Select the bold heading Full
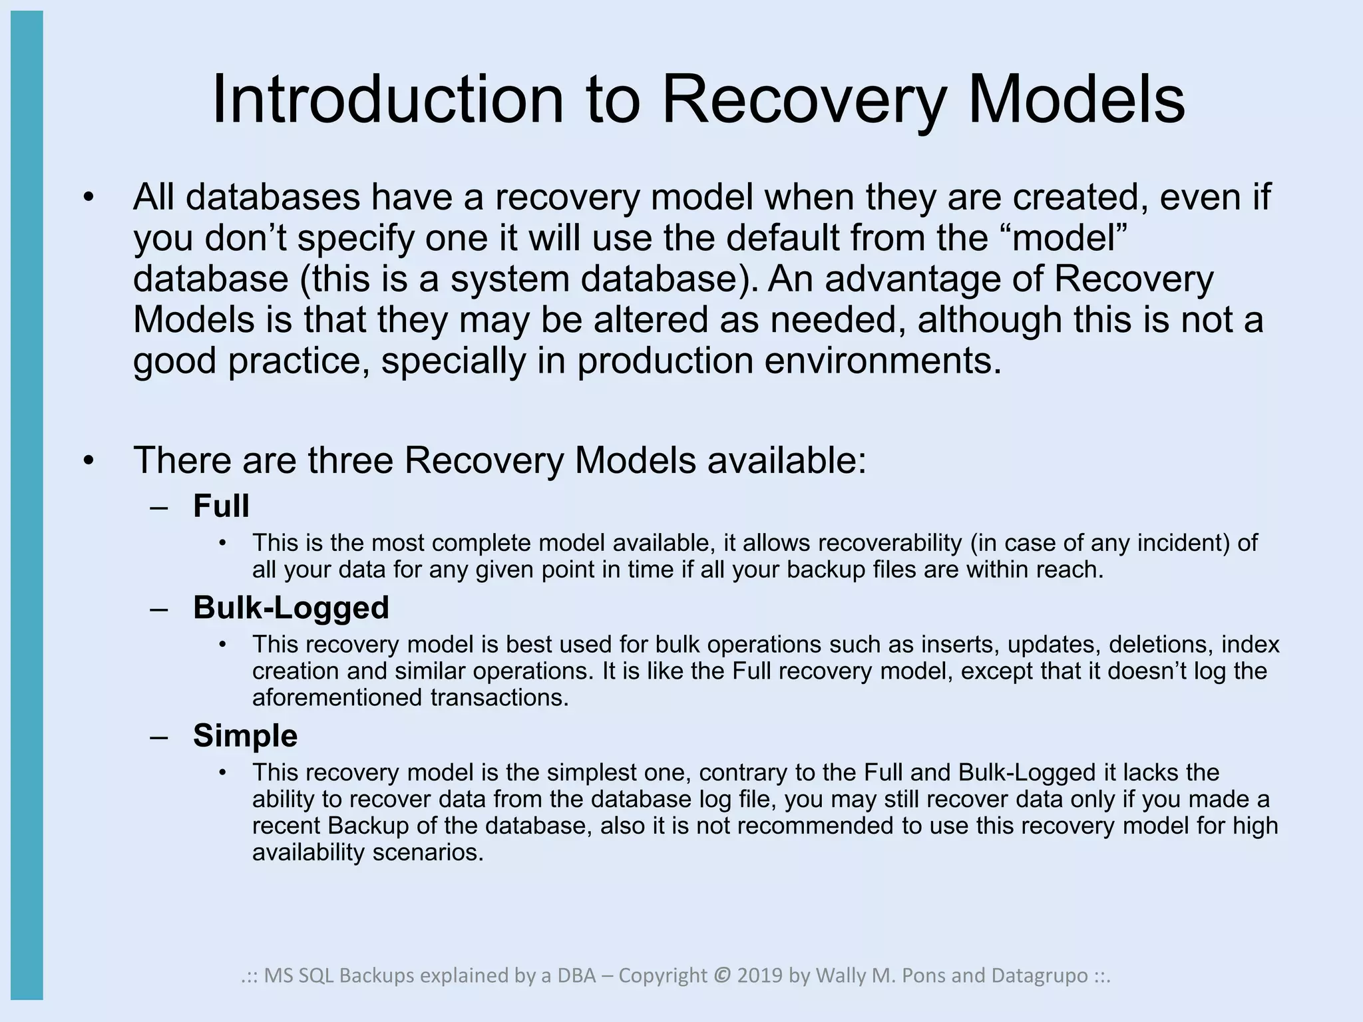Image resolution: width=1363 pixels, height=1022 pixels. pos(221,506)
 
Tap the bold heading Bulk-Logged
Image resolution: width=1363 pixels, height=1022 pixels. pos(291,607)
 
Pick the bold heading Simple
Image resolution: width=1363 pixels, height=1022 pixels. pos(245,736)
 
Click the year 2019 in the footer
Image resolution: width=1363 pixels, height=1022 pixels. pos(761,975)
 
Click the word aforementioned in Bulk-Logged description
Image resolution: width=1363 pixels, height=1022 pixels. pos(338,698)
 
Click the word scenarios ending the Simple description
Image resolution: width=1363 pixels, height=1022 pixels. pos(428,852)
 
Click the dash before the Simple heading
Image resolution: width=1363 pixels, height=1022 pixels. pos(159,737)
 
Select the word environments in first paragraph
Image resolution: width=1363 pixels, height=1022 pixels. pos(882,361)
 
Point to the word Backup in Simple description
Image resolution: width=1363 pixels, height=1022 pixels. pos(367,826)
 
